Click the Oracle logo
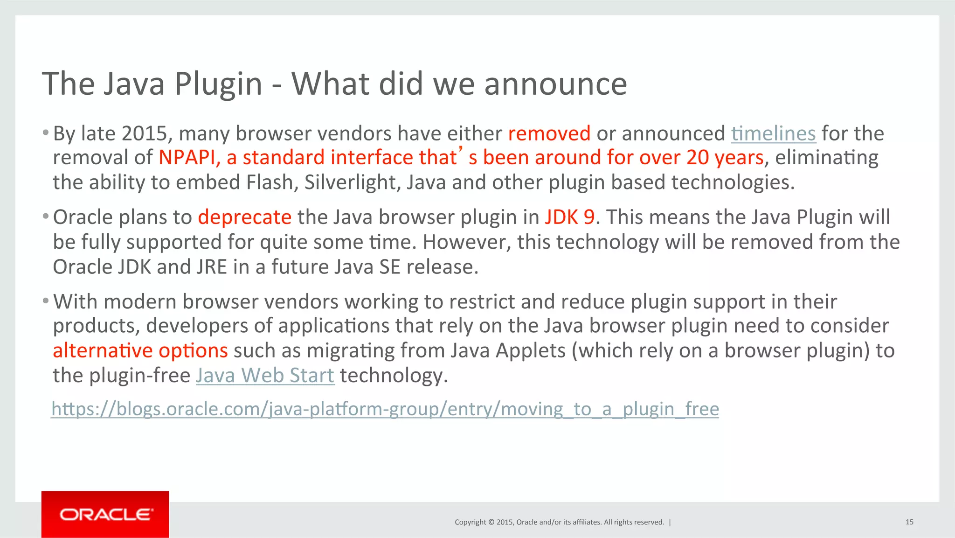click(x=105, y=514)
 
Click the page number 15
click(x=909, y=522)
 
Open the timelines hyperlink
click(x=773, y=133)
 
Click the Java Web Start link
click(x=265, y=375)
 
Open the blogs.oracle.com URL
click(x=385, y=409)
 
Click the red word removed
click(x=549, y=133)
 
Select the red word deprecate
click(x=244, y=217)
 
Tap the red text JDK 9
click(x=569, y=217)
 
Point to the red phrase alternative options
click(x=140, y=350)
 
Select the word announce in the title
click(x=555, y=84)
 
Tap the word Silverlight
click(x=352, y=182)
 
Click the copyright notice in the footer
click(x=559, y=522)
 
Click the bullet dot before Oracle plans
click(x=45, y=217)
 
